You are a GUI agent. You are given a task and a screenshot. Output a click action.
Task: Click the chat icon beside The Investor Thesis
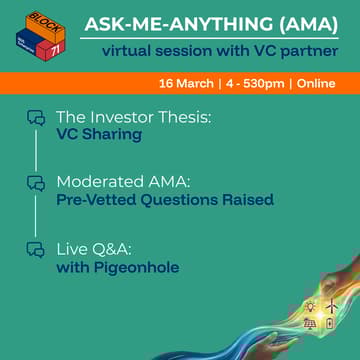[x=36, y=118]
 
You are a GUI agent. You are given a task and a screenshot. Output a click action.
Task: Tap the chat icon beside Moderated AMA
[x=36, y=183]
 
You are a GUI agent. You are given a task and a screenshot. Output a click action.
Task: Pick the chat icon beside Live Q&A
[x=36, y=249]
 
